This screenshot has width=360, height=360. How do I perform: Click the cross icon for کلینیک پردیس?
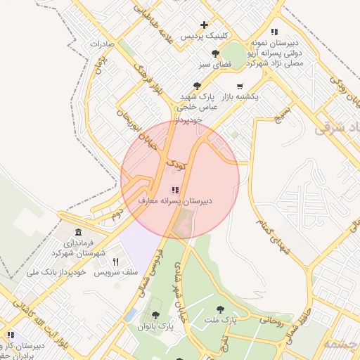tap(204, 25)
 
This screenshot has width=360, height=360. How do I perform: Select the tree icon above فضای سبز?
tap(215, 53)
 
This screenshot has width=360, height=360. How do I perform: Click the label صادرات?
tap(102, 44)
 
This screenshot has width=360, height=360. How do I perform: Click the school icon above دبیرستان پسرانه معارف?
tap(174, 190)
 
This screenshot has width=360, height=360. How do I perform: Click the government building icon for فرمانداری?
tap(77, 233)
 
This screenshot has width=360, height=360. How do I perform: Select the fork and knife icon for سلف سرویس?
tap(115, 262)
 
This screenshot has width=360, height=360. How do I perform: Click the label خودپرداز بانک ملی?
tap(56, 271)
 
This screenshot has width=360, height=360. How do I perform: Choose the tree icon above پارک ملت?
tap(221, 309)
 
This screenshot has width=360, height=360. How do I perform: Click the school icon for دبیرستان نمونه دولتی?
tap(274, 32)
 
